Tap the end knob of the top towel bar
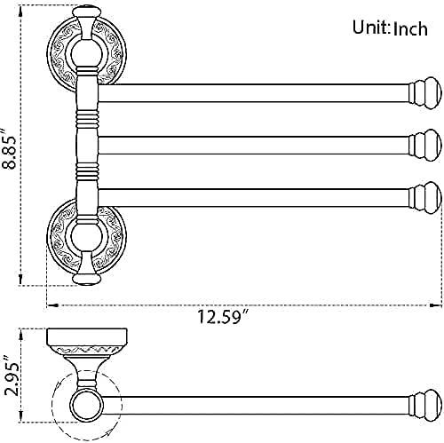(x=423, y=91)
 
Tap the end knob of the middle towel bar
(x=424, y=142)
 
